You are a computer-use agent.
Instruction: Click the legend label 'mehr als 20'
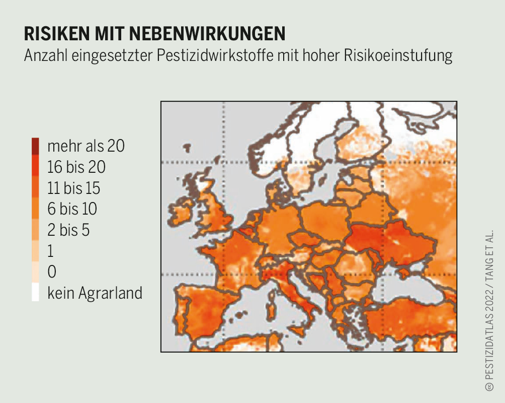(86, 146)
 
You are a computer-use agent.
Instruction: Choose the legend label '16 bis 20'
(76, 167)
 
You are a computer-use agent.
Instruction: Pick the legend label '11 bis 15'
(74, 188)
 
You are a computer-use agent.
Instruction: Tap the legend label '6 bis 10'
(72, 209)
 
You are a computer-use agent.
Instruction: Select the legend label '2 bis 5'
(68, 230)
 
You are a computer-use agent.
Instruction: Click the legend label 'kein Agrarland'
(95, 293)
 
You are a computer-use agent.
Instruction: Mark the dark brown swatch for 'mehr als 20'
(35, 146)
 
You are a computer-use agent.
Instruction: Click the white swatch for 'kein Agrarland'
(35, 293)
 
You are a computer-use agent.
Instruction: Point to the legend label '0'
(52, 272)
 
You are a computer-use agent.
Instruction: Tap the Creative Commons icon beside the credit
(488, 387)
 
